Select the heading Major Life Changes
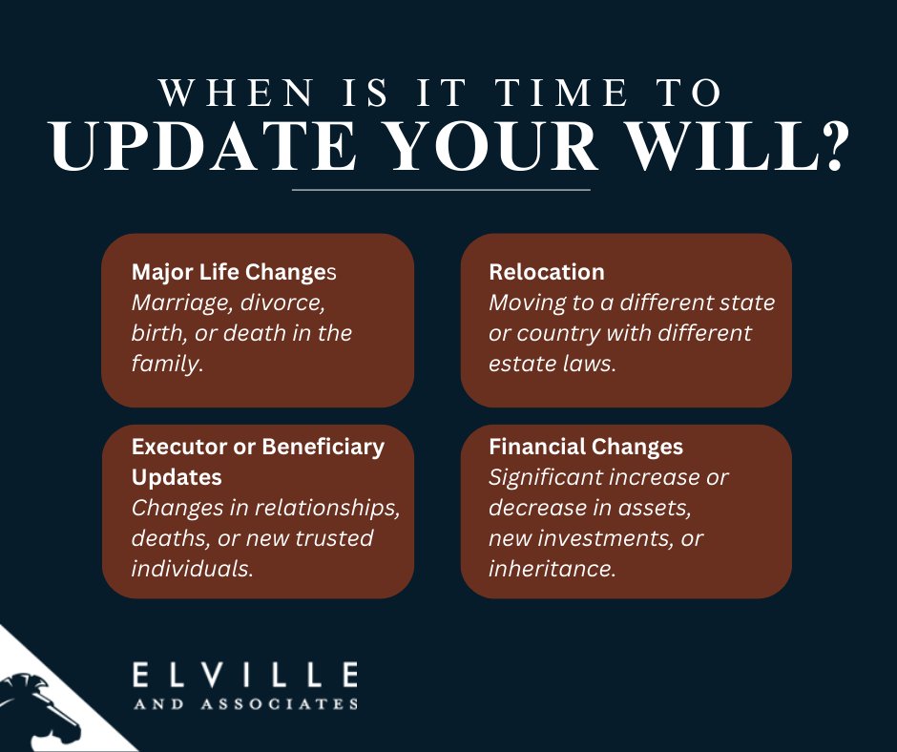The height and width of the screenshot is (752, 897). [x=234, y=272]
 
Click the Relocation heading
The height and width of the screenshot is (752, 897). [x=546, y=272]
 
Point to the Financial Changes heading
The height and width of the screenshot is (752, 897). [x=585, y=446]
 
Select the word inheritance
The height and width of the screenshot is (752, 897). [x=551, y=568]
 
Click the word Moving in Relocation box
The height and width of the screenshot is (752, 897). [x=523, y=303]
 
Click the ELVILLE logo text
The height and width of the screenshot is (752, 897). [x=244, y=676]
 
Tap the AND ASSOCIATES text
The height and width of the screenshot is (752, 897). [x=244, y=704]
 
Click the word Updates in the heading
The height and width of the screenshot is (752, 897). [x=177, y=476]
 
